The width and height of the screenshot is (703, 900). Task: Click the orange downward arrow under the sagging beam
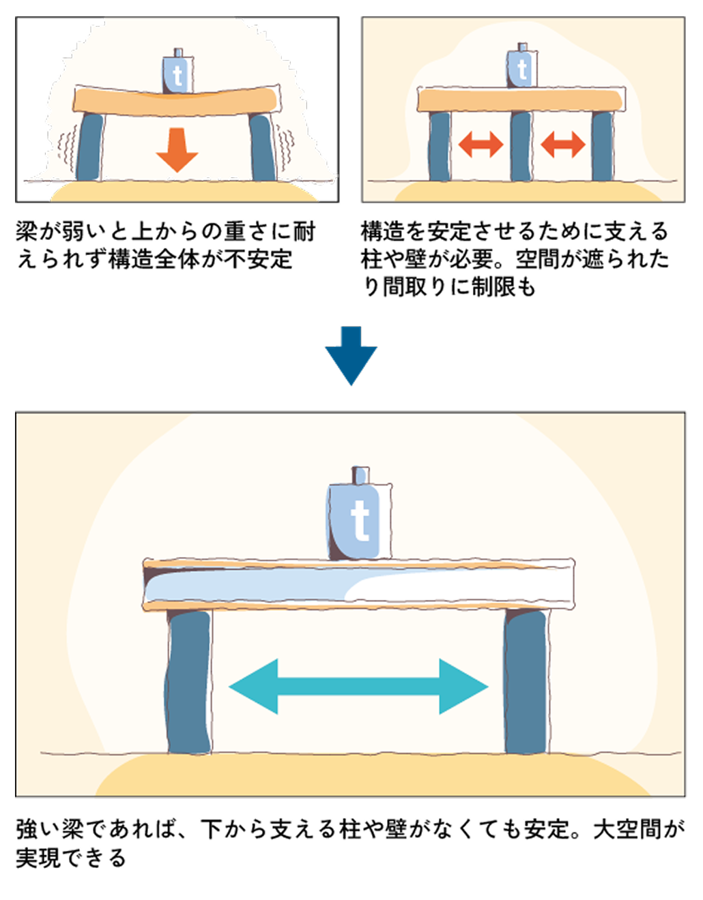[177, 149]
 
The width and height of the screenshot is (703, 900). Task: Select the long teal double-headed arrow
[358, 687]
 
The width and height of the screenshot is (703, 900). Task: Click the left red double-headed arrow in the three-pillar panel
[480, 145]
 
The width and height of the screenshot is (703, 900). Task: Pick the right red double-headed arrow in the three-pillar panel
[562, 145]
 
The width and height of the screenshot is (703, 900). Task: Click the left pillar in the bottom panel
[189, 682]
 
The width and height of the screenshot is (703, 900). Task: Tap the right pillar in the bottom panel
[526, 682]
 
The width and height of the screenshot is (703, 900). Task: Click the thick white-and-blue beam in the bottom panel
[358, 585]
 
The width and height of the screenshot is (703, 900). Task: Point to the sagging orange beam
[176, 102]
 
